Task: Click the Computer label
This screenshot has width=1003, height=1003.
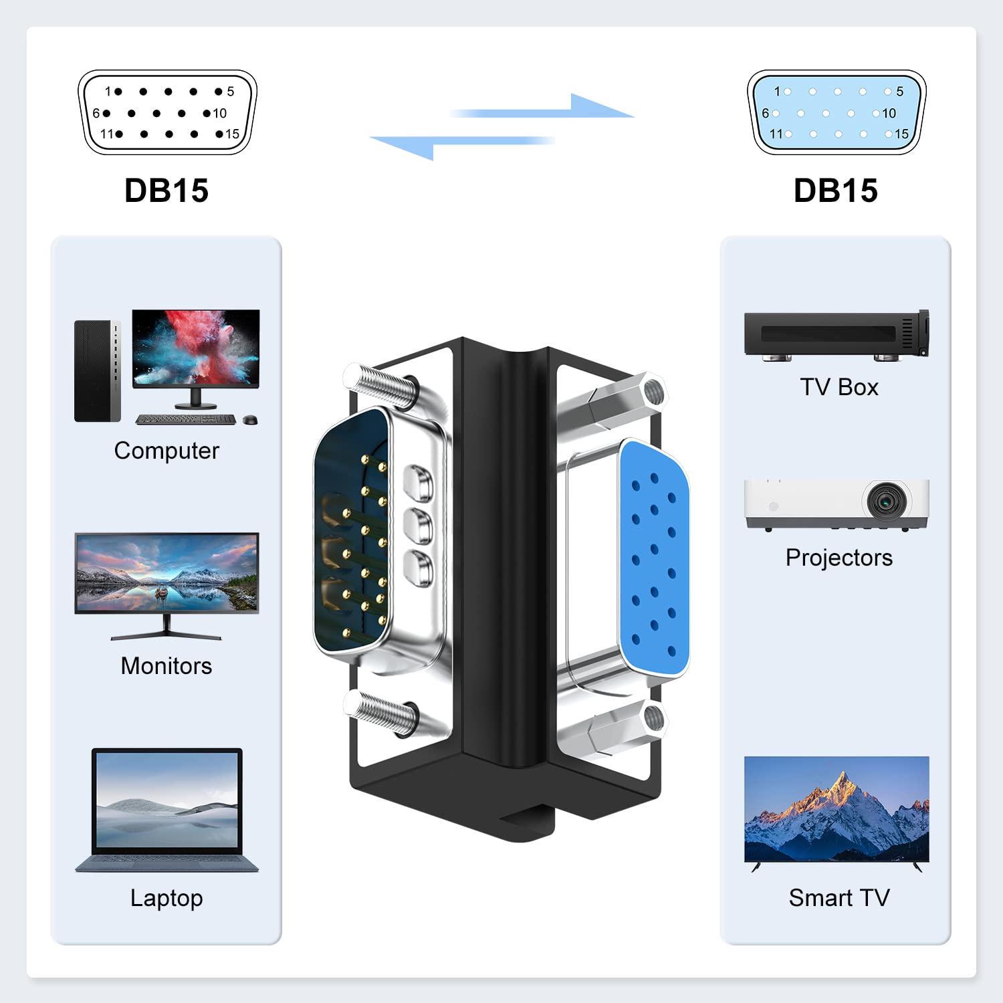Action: pos(166,451)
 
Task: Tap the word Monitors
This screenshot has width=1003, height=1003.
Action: pos(166,666)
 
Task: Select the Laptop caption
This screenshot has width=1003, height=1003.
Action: pos(166,898)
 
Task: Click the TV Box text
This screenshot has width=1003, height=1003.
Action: pos(839,387)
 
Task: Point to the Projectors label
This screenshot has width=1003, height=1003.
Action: pos(839,558)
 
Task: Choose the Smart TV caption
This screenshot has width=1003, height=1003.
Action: pos(839,897)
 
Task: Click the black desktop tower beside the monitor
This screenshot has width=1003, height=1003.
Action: pos(98,371)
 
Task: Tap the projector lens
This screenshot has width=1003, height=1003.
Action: pos(887,499)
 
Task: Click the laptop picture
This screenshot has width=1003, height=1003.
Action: pos(166,810)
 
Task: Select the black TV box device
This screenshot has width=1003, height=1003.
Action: pos(837,335)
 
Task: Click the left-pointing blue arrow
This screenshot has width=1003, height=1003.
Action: pos(462,145)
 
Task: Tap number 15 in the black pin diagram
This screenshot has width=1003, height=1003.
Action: pos(232,134)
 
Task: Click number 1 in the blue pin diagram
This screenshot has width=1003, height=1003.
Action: pos(777,91)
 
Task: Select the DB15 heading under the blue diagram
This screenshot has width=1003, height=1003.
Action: pos(836,191)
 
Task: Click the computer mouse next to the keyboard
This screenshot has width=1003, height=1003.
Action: pos(250,420)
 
